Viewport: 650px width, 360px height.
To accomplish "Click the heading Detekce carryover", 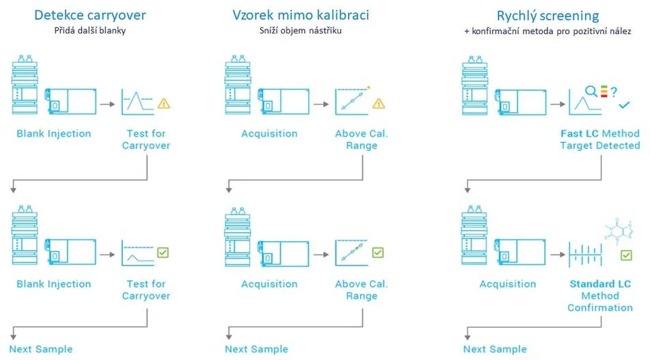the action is tap(90, 15).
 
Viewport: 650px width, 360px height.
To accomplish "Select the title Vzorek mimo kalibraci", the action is tap(301, 15).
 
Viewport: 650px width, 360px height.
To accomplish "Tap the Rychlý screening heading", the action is tap(547, 16).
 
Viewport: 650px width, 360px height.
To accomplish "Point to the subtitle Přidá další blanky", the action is tap(90, 30).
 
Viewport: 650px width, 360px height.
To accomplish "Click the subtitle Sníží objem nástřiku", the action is tap(301, 30).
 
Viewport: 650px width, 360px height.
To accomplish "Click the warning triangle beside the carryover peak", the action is tap(164, 103).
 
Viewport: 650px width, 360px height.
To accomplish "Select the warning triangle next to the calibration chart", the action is tap(379, 103).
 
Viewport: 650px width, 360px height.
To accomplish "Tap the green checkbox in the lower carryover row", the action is tap(163, 253).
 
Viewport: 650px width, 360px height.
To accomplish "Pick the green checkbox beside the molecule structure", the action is tap(626, 255).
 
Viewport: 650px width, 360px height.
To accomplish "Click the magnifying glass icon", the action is tap(591, 91).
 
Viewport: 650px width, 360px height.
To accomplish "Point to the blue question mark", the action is tap(614, 92).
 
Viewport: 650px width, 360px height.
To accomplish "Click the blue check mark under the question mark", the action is tap(624, 105).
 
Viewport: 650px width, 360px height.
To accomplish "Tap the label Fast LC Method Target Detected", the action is tap(600, 139).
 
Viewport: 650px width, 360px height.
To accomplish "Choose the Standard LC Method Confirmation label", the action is tap(600, 296).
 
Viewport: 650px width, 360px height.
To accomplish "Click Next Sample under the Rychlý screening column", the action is tap(495, 349).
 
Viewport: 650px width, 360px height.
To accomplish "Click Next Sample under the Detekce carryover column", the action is tap(41, 349).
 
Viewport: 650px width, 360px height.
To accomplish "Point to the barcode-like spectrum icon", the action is tap(585, 254).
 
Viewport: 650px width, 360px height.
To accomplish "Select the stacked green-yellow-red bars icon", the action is tap(604, 91).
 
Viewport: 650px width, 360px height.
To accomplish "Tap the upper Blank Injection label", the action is tap(54, 134).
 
